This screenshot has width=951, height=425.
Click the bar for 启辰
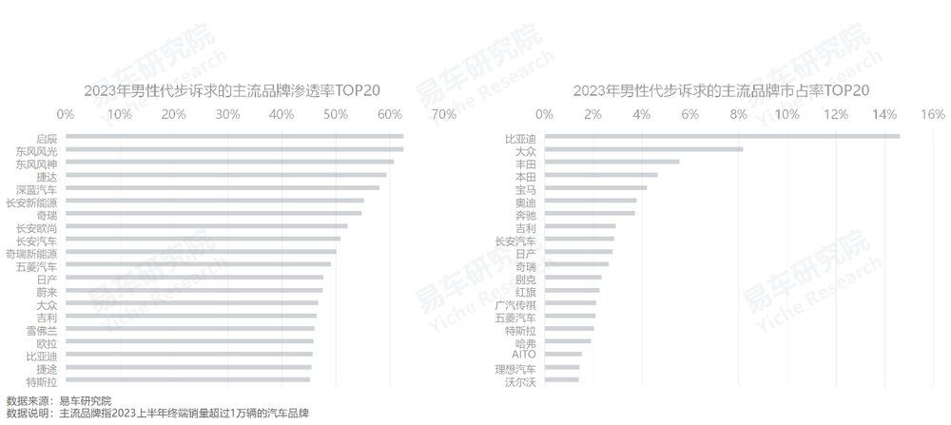point(234,136)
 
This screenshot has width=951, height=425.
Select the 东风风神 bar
point(229,162)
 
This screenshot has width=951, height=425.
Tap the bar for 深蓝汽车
point(222,187)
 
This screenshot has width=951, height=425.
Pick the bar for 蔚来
point(194,290)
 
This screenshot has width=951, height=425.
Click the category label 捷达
point(46,175)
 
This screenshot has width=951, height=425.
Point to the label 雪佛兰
point(42,329)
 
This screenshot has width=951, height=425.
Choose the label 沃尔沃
point(521,381)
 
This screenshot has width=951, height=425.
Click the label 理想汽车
point(516,368)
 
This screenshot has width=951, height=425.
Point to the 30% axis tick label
point(227,114)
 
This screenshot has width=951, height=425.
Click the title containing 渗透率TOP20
point(232,90)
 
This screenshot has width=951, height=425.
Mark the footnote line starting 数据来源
point(58,400)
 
